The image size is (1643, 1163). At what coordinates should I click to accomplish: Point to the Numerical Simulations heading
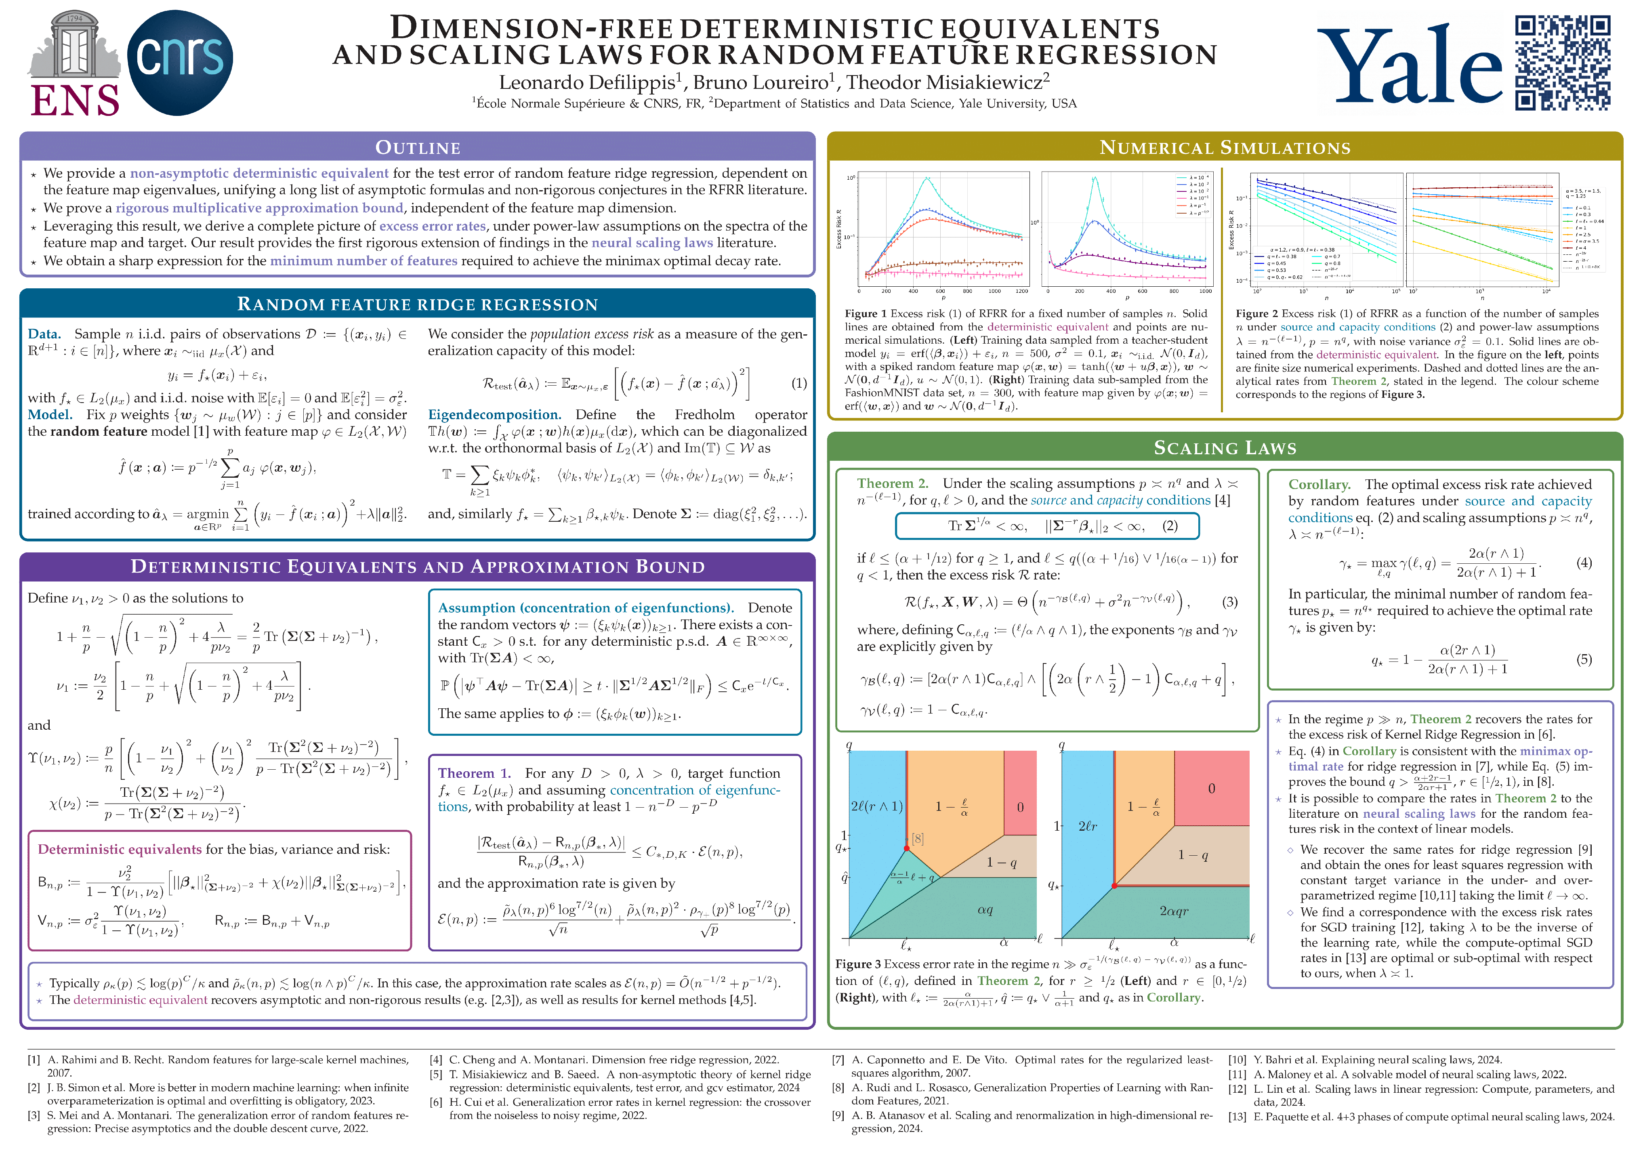tap(1224, 147)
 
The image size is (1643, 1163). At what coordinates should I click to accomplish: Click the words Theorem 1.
tap(474, 773)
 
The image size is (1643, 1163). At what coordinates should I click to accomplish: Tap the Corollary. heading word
tap(1319, 485)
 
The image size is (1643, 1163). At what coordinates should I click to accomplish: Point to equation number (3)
tap(1230, 602)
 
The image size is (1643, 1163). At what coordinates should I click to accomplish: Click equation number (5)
tap(1584, 659)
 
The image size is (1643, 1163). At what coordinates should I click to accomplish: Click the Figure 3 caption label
tap(858, 964)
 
